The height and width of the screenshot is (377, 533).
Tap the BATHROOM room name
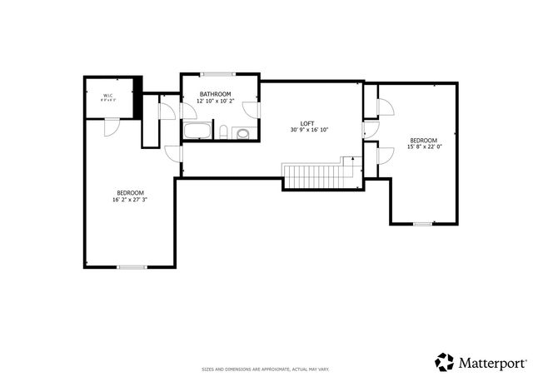point(215,94)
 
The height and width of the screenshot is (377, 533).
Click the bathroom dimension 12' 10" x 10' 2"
point(215,101)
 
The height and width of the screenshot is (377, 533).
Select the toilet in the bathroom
point(225,131)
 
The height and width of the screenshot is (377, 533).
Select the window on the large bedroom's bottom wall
point(131,267)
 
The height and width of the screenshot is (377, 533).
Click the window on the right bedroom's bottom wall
point(423,223)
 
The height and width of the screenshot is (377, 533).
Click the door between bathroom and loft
point(259,111)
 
